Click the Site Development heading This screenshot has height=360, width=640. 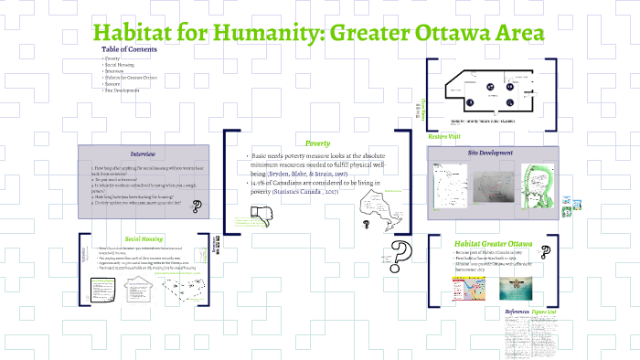click(489, 153)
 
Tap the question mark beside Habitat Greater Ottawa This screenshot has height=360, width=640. click(545, 249)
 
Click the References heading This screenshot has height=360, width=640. click(517, 312)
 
